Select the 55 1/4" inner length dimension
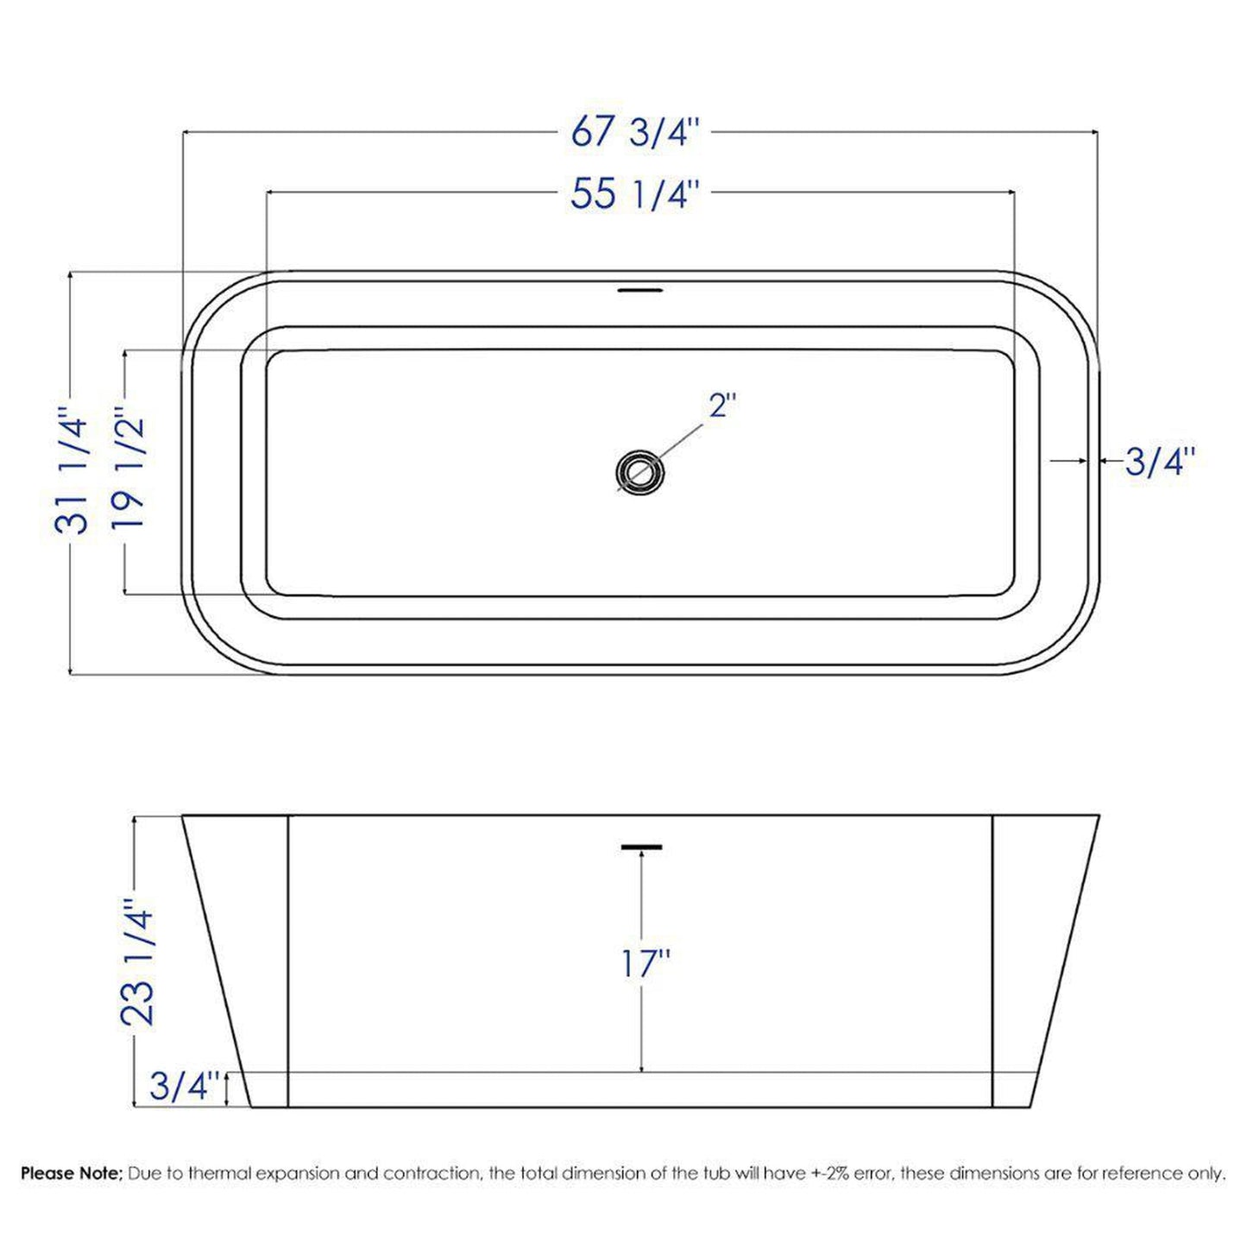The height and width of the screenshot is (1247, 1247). click(x=633, y=194)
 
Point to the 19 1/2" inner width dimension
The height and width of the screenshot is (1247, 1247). click(x=130, y=471)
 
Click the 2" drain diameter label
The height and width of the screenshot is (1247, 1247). click(x=721, y=405)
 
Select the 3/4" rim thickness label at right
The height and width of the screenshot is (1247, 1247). click(x=1160, y=463)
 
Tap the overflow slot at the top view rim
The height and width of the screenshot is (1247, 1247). click(x=639, y=290)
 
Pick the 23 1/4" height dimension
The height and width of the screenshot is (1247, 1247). click(x=138, y=961)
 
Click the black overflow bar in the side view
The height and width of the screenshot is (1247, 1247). click(x=641, y=846)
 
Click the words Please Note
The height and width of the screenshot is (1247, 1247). click(x=72, y=1174)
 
